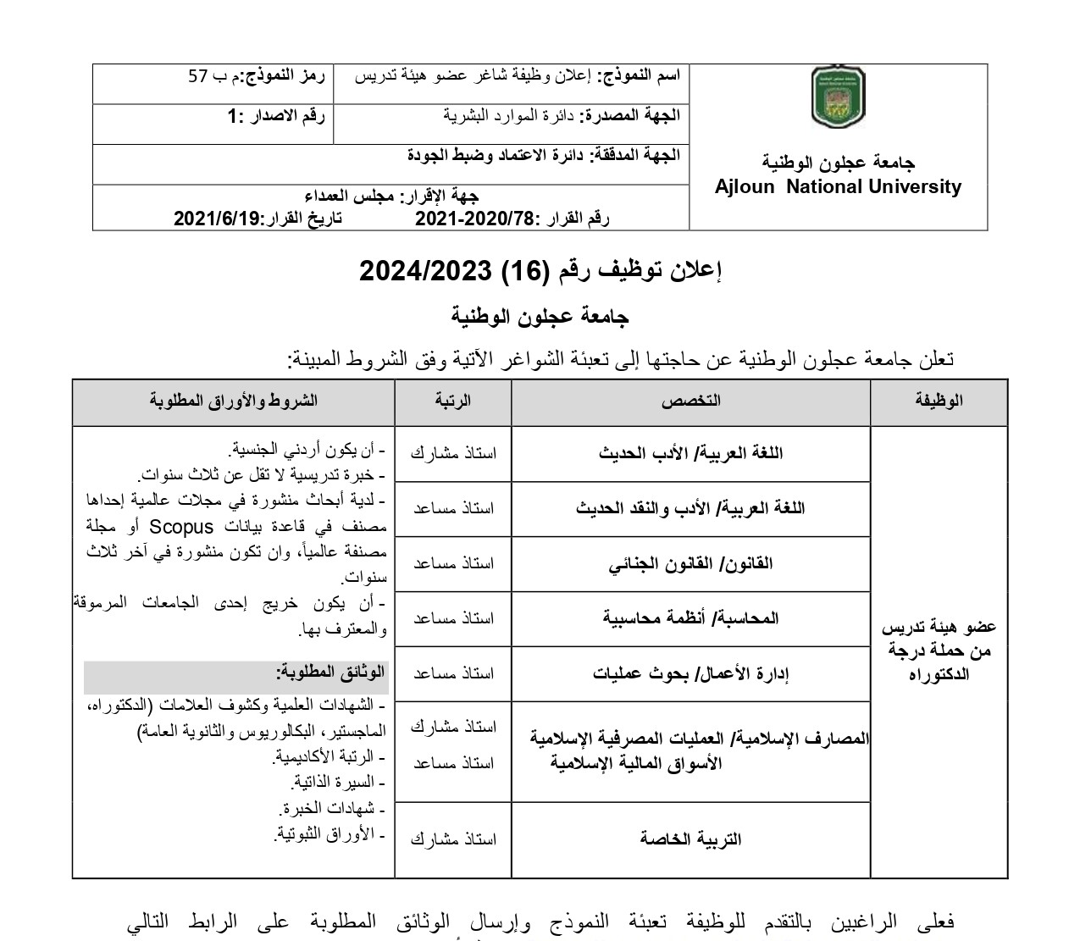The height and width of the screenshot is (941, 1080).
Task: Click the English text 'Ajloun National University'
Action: point(838,187)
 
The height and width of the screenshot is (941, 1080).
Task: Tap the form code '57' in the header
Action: point(197,75)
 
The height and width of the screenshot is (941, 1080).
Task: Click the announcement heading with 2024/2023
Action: point(540,270)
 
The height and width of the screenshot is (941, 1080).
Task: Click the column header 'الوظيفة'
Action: point(939,401)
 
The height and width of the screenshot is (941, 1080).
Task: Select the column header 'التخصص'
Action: point(690,401)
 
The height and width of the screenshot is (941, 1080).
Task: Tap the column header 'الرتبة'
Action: point(453,401)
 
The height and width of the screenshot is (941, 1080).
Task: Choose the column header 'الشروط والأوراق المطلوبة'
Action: point(234,401)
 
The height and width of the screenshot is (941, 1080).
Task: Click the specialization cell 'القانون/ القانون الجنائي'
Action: point(690,563)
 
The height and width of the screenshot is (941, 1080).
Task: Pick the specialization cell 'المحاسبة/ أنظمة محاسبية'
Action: point(690,618)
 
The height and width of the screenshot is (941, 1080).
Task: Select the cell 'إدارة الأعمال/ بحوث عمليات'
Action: point(690,673)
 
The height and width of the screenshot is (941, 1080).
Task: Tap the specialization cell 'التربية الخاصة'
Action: point(690,839)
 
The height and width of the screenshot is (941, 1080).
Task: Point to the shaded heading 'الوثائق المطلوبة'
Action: point(330,673)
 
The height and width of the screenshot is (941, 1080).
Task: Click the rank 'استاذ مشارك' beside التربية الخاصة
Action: point(453,839)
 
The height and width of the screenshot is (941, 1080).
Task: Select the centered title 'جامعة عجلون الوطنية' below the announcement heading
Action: point(540,317)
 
